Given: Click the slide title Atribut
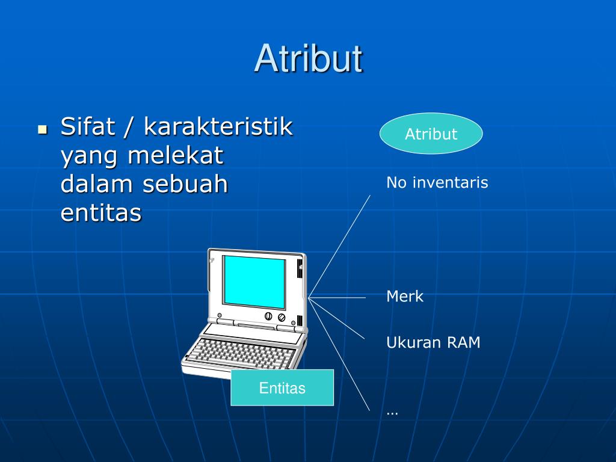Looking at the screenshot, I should click(308, 58).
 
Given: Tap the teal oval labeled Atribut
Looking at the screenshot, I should click(431, 134).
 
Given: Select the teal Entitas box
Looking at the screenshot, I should click(282, 388).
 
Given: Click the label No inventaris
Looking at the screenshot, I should click(437, 182).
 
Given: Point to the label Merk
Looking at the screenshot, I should click(405, 297).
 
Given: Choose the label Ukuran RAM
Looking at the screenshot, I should click(433, 343).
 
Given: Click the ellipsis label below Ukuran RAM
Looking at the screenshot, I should click(392, 413).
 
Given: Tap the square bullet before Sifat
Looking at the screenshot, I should click(42, 129).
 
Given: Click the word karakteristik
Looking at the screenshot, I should click(218, 127).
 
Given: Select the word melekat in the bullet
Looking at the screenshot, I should click(175, 156).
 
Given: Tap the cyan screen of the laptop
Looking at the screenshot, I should click(254, 281).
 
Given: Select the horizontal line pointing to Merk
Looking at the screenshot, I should click(337, 297).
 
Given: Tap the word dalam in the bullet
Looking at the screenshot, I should click(97, 184).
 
